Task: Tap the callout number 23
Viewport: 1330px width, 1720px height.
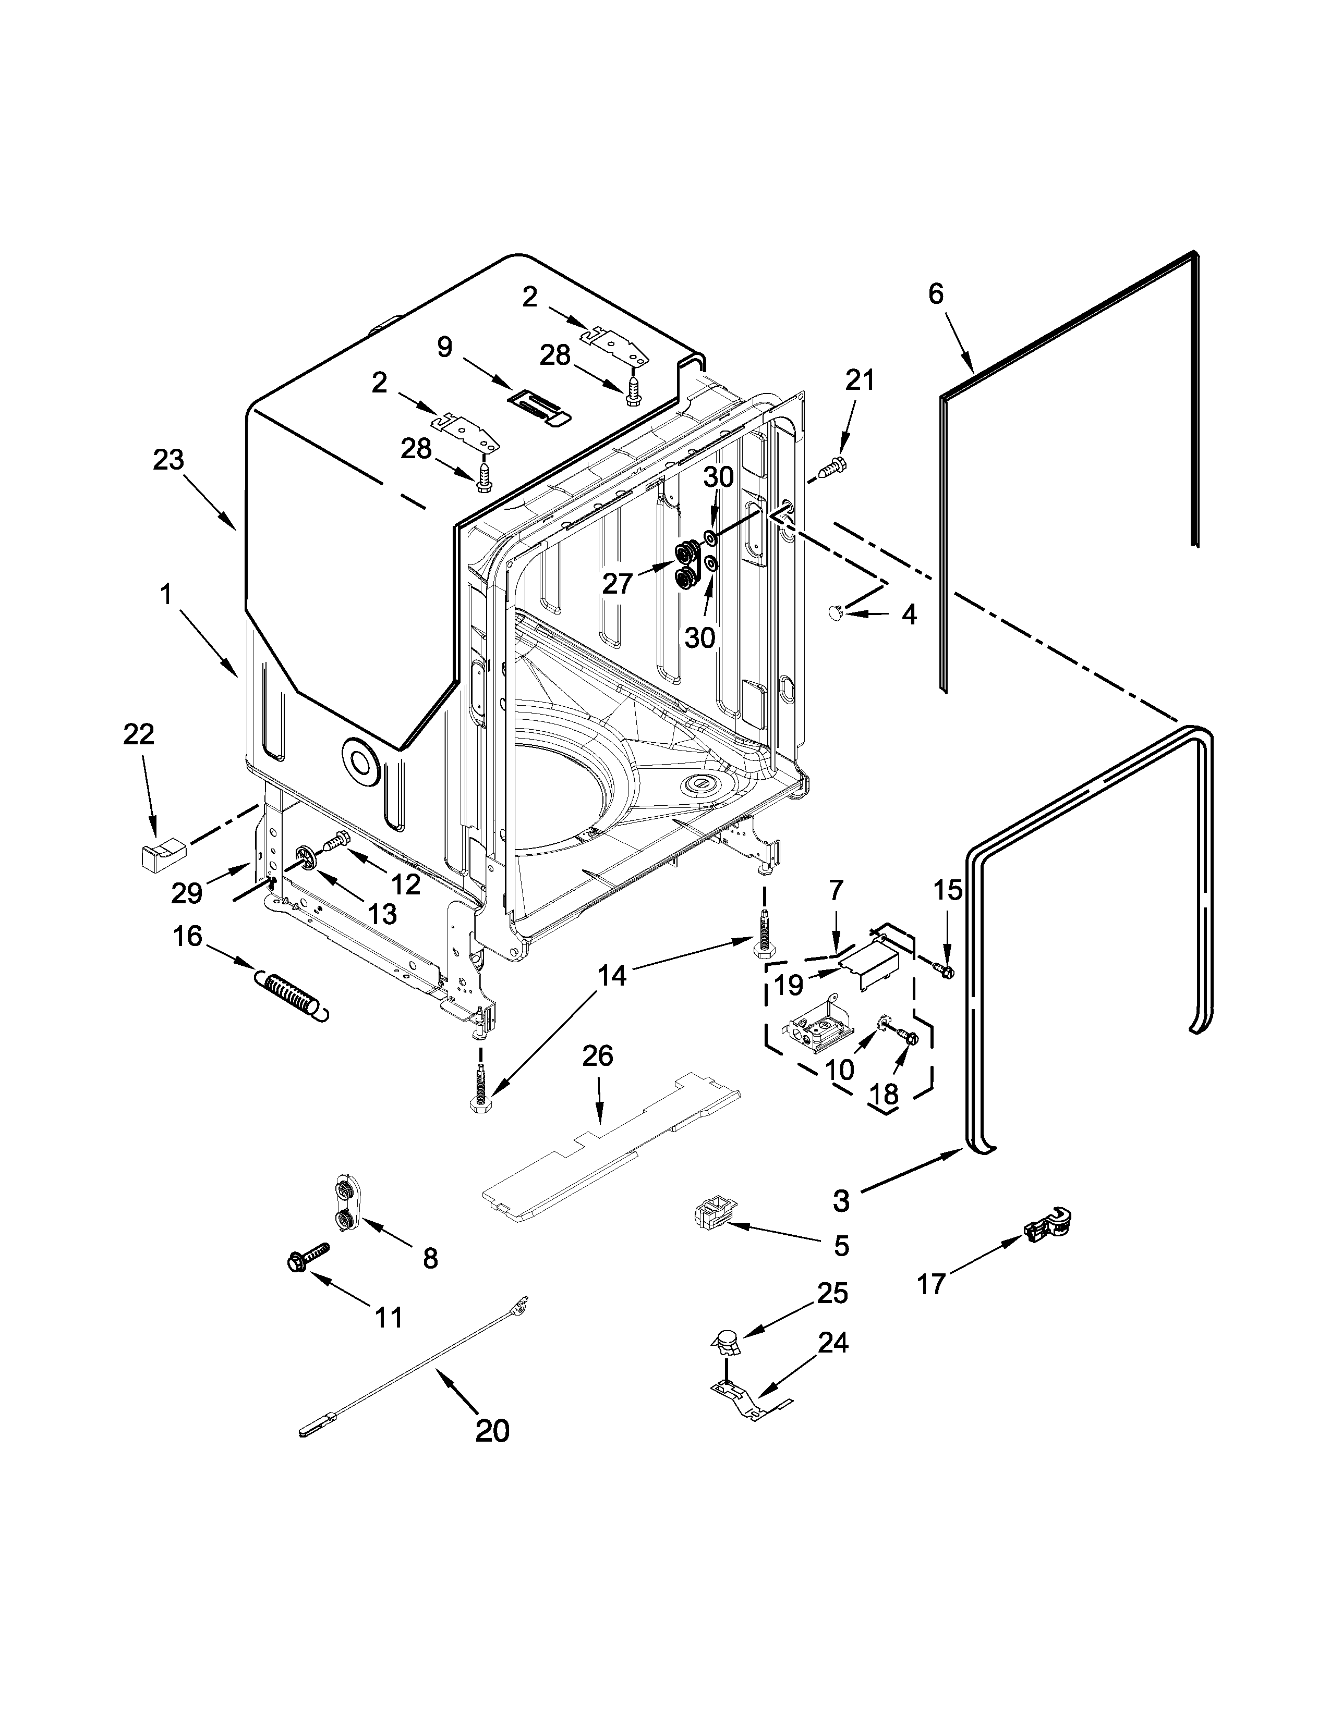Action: [x=168, y=459]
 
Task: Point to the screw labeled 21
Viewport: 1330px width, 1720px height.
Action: [x=831, y=470]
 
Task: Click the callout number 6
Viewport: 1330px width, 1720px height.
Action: [x=935, y=294]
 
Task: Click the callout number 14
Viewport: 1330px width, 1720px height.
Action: [x=611, y=976]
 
